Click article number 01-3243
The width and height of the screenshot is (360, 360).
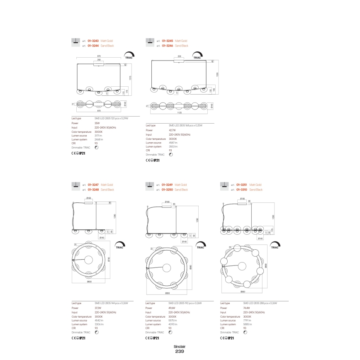click(93, 41)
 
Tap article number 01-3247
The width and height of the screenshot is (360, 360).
click(93, 185)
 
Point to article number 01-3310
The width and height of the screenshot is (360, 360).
click(242, 190)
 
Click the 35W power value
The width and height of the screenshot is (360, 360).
click(97, 123)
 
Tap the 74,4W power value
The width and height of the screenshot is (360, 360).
click(247, 308)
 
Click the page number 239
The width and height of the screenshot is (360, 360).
click(180, 352)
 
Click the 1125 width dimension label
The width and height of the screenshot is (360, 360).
click(180, 112)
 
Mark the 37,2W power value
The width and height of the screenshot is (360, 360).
click(98, 308)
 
